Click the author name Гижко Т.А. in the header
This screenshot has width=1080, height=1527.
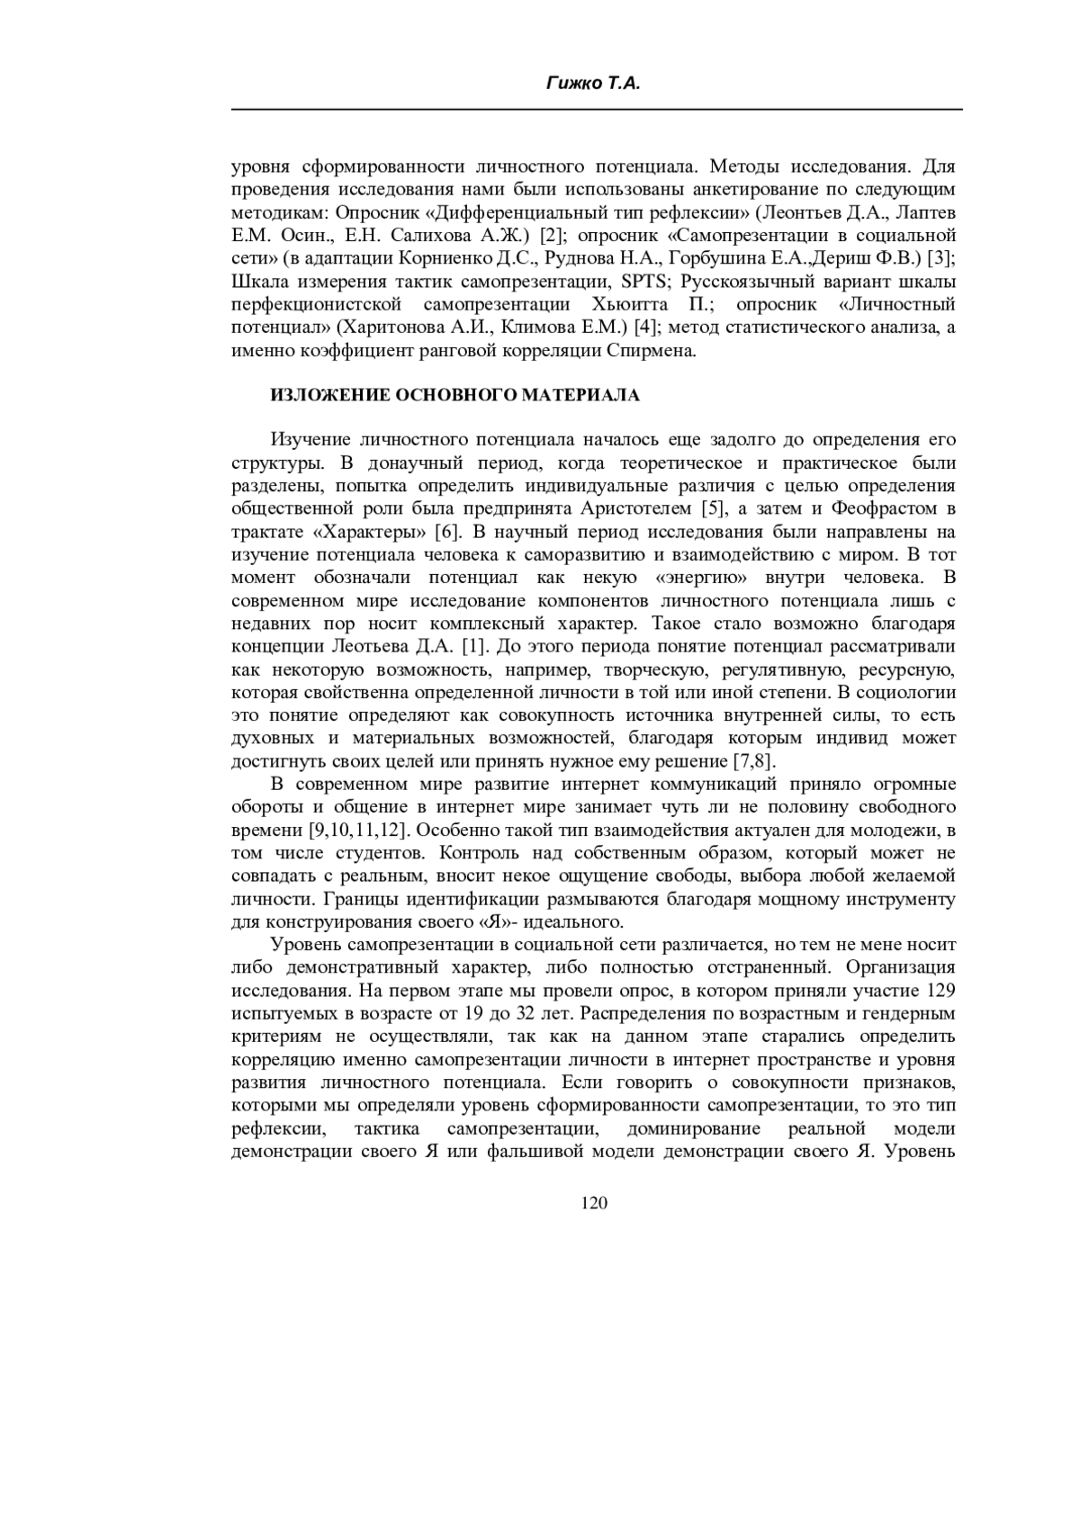tap(594, 84)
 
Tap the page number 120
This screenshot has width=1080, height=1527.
tap(594, 1202)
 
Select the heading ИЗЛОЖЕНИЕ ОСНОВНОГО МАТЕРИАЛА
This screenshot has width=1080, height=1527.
tap(455, 395)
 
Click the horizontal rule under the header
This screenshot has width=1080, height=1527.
tap(597, 110)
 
